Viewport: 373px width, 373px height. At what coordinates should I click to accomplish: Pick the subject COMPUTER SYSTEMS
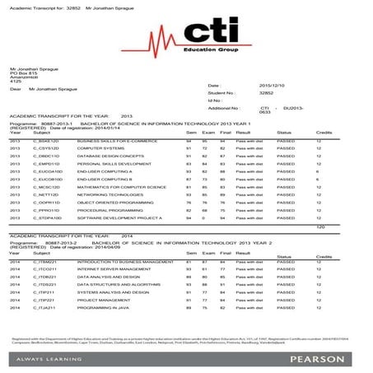[97, 148]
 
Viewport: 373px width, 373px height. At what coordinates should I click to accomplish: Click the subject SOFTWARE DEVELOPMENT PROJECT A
[114, 217]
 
